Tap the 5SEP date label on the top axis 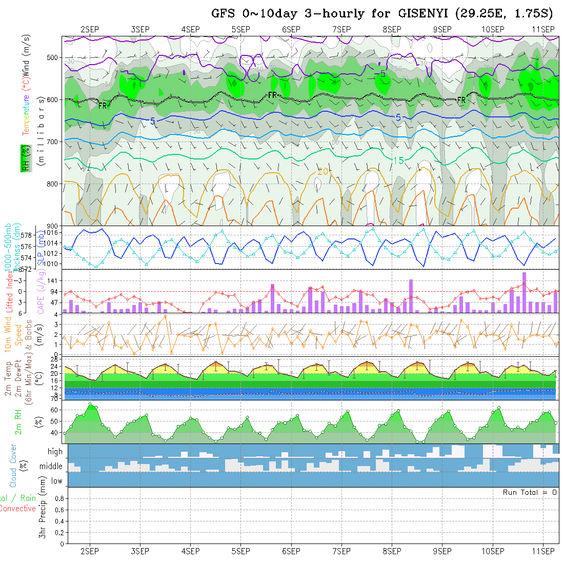(x=240, y=29)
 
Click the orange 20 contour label (x=322, y=171)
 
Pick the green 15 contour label (x=398, y=161)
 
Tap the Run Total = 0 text (x=530, y=492)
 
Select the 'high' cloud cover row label (x=55, y=452)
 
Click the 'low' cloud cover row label (x=56, y=481)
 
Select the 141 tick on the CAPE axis (x=54, y=280)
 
